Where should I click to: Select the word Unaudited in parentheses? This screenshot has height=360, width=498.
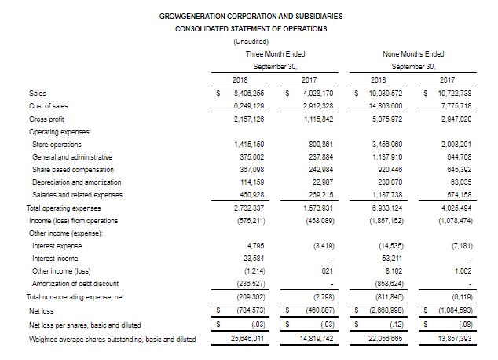[x=251, y=42]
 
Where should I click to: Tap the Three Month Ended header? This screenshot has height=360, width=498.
[x=275, y=53]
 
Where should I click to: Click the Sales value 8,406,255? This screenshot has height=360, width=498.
[x=250, y=93]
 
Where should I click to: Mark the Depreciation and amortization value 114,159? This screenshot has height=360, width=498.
[x=250, y=182]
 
